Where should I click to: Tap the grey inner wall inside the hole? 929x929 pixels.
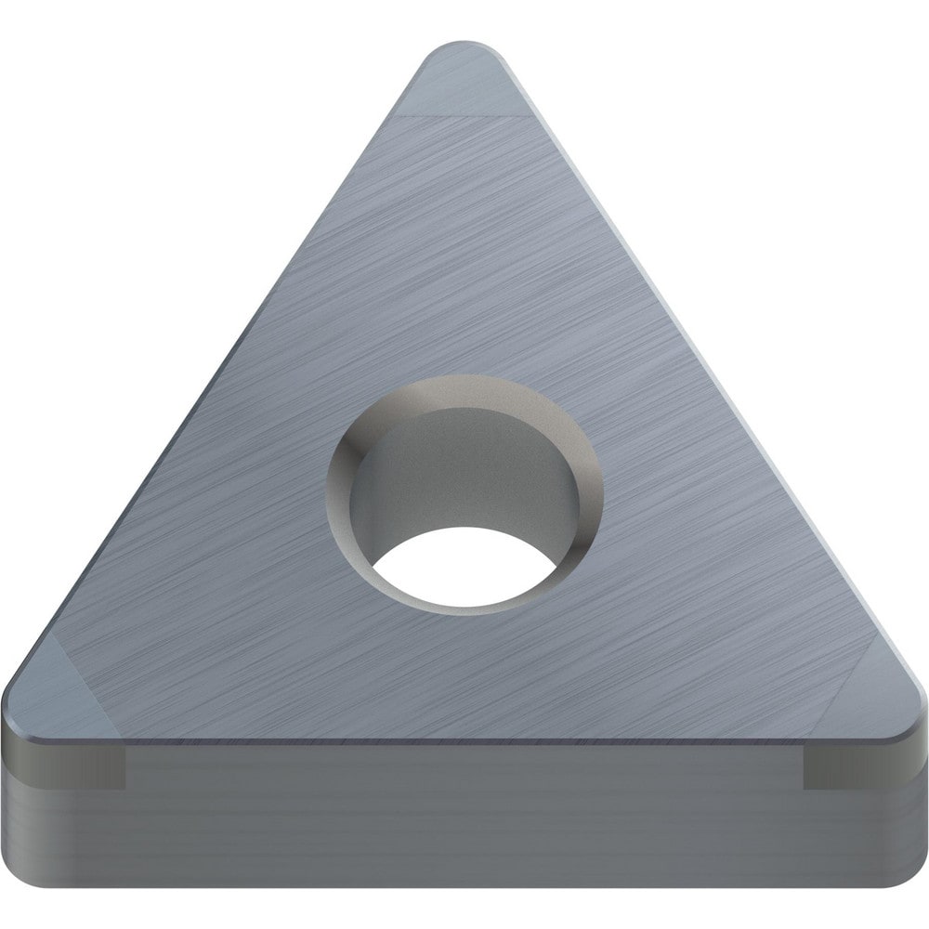click(x=446, y=483)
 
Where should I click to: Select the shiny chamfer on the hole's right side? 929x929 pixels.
click(x=585, y=483)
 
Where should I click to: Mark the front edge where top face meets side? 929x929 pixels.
click(x=464, y=739)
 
